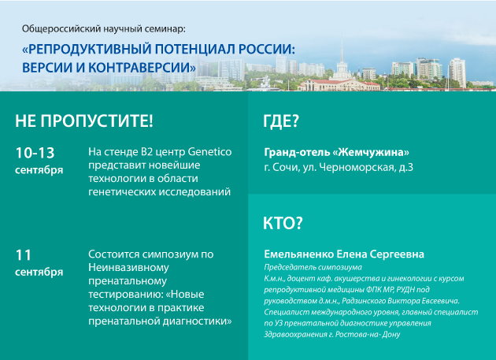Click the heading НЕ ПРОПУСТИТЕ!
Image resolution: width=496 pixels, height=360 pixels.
(x=84, y=121)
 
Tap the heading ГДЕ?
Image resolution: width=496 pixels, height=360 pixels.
(x=281, y=121)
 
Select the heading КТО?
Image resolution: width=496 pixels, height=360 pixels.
(x=283, y=223)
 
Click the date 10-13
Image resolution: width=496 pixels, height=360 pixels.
(x=35, y=153)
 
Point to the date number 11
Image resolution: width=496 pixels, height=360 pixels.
(x=24, y=255)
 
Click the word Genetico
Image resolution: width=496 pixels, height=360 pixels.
(x=209, y=152)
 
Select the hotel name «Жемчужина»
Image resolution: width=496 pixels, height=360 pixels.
(x=371, y=152)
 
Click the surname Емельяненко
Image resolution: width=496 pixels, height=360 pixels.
(x=299, y=254)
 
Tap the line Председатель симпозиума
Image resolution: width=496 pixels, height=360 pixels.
(x=313, y=267)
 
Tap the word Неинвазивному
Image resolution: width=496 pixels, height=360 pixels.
(x=128, y=268)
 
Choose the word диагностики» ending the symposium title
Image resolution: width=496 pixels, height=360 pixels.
(x=198, y=321)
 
